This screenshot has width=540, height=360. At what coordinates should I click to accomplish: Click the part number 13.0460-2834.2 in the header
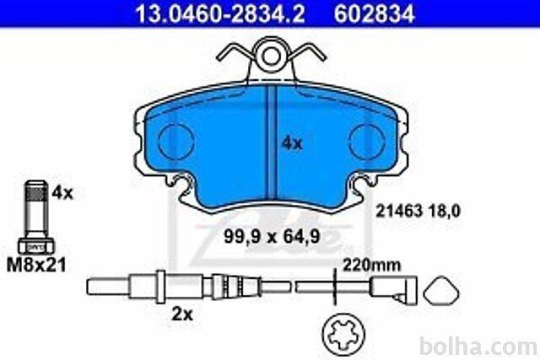(x=219, y=13)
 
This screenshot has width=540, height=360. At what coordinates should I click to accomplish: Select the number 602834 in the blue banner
(x=375, y=13)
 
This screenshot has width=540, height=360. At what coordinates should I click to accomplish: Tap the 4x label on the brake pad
(x=292, y=143)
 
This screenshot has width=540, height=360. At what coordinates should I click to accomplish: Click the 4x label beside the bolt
(x=62, y=193)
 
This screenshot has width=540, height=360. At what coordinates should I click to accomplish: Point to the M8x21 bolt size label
(x=36, y=266)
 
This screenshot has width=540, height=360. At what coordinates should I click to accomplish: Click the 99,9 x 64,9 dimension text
(x=272, y=236)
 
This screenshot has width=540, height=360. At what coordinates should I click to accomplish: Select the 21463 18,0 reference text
(x=418, y=211)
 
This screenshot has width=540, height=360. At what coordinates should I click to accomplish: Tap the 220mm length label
(x=371, y=266)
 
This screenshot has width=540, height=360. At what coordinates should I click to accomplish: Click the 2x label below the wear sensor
(x=182, y=314)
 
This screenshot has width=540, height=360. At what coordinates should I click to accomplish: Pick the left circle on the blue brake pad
(x=176, y=142)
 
